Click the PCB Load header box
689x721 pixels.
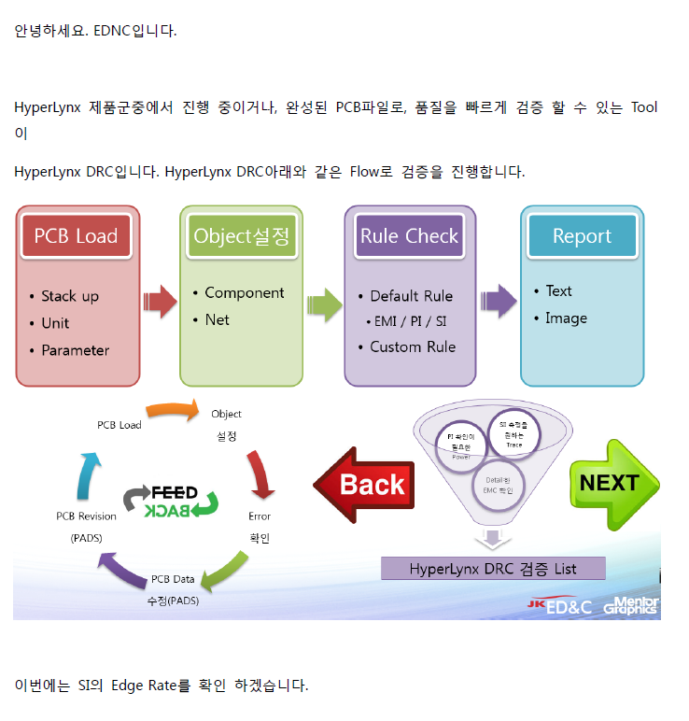76,235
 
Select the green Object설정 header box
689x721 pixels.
242,235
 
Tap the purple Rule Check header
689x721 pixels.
409,235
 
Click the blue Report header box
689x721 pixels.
582,235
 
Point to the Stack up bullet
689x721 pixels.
69,296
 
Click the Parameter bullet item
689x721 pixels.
75,350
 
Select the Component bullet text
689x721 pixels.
244,292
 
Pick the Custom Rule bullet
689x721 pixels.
412,346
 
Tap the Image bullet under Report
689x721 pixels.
566,318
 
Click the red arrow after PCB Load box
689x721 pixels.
159,302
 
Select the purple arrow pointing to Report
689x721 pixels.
499,302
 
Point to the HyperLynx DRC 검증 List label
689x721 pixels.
493,568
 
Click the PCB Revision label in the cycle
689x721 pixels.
86,516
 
